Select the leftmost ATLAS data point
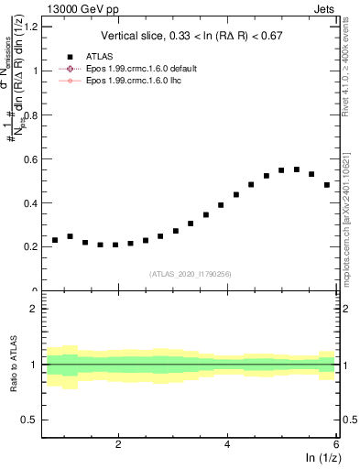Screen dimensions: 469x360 (x=55, y=240)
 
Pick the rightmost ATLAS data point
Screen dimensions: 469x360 (x=327, y=185)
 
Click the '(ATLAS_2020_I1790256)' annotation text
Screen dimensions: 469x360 (x=191, y=274)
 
